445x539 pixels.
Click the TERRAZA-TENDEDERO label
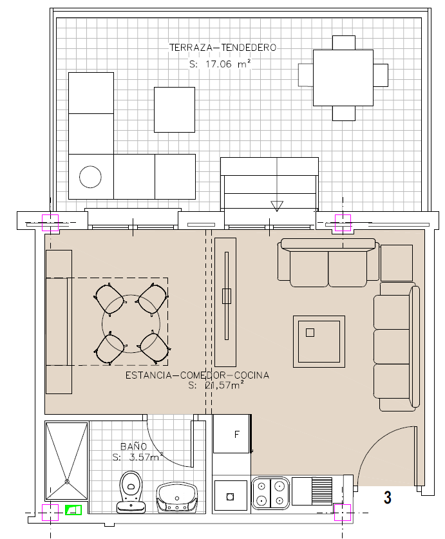point(223,48)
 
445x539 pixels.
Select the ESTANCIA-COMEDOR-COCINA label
point(197,375)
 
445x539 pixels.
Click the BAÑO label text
point(133,446)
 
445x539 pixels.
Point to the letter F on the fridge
point(236,435)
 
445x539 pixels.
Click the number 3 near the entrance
point(388,497)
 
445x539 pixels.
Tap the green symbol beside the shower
point(73,510)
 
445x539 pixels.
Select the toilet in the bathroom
point(131,492)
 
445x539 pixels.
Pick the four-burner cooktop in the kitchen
point(270,492)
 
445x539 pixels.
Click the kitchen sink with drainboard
point(312,491)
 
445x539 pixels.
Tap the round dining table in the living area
point(131,323)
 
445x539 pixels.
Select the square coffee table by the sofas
point(319,342)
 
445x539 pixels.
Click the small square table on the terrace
point(175,109)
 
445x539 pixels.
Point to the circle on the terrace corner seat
point(90,176)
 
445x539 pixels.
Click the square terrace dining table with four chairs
point(343,78)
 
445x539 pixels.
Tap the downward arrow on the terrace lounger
point(277,206)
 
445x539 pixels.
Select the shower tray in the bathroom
point(67,461)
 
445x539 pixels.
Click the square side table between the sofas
point(397,263)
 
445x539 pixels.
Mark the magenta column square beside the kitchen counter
point(343,513)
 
